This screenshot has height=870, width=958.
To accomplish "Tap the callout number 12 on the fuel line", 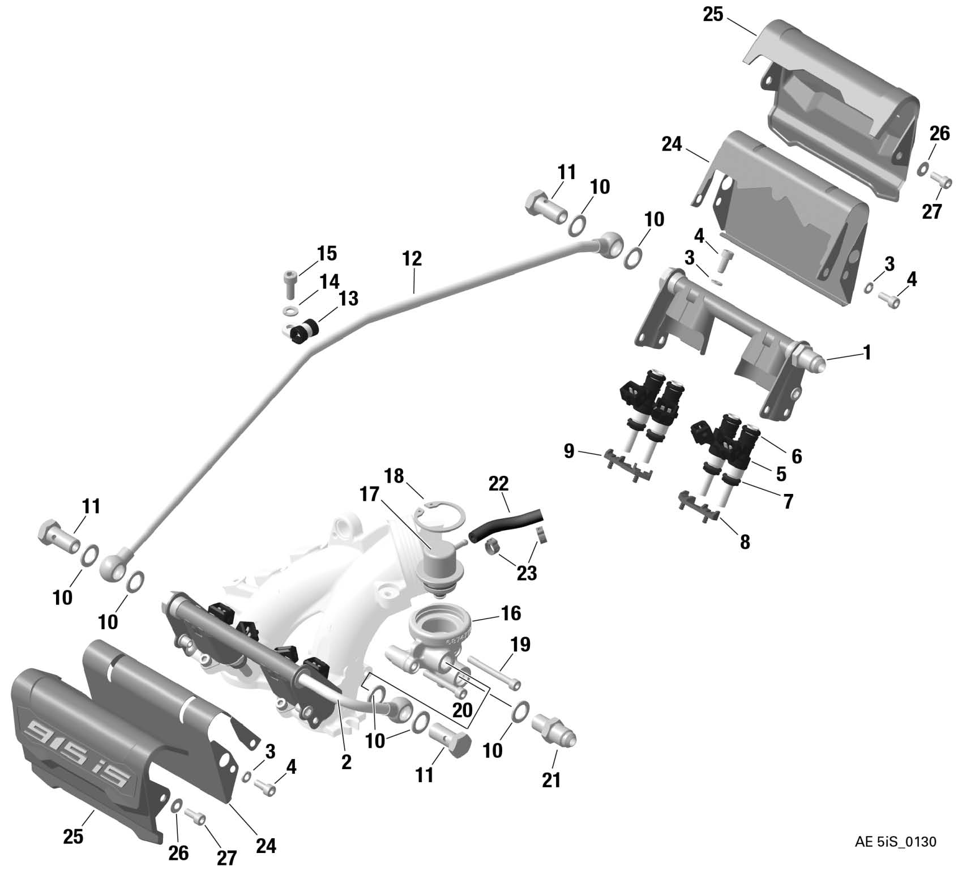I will [x=412, y=259].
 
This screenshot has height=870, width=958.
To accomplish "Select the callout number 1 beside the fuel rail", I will [x=867, y=353].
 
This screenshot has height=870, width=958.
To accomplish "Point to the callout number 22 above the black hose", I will [x=498, y=484].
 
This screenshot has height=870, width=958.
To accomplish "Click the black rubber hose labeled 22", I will [x=507, y=522].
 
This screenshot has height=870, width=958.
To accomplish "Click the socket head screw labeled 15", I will [x=290, y=283].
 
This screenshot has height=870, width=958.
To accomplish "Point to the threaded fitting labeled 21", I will [x=554, y=730].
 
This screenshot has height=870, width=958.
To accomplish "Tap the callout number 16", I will [x=510, y=613].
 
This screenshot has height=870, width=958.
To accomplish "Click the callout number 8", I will [x=745, y=542].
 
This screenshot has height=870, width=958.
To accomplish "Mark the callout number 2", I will [x=347, y=762].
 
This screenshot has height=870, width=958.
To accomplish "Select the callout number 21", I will [x=551, y=779].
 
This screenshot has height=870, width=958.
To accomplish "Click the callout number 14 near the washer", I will [x=330, y=281].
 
